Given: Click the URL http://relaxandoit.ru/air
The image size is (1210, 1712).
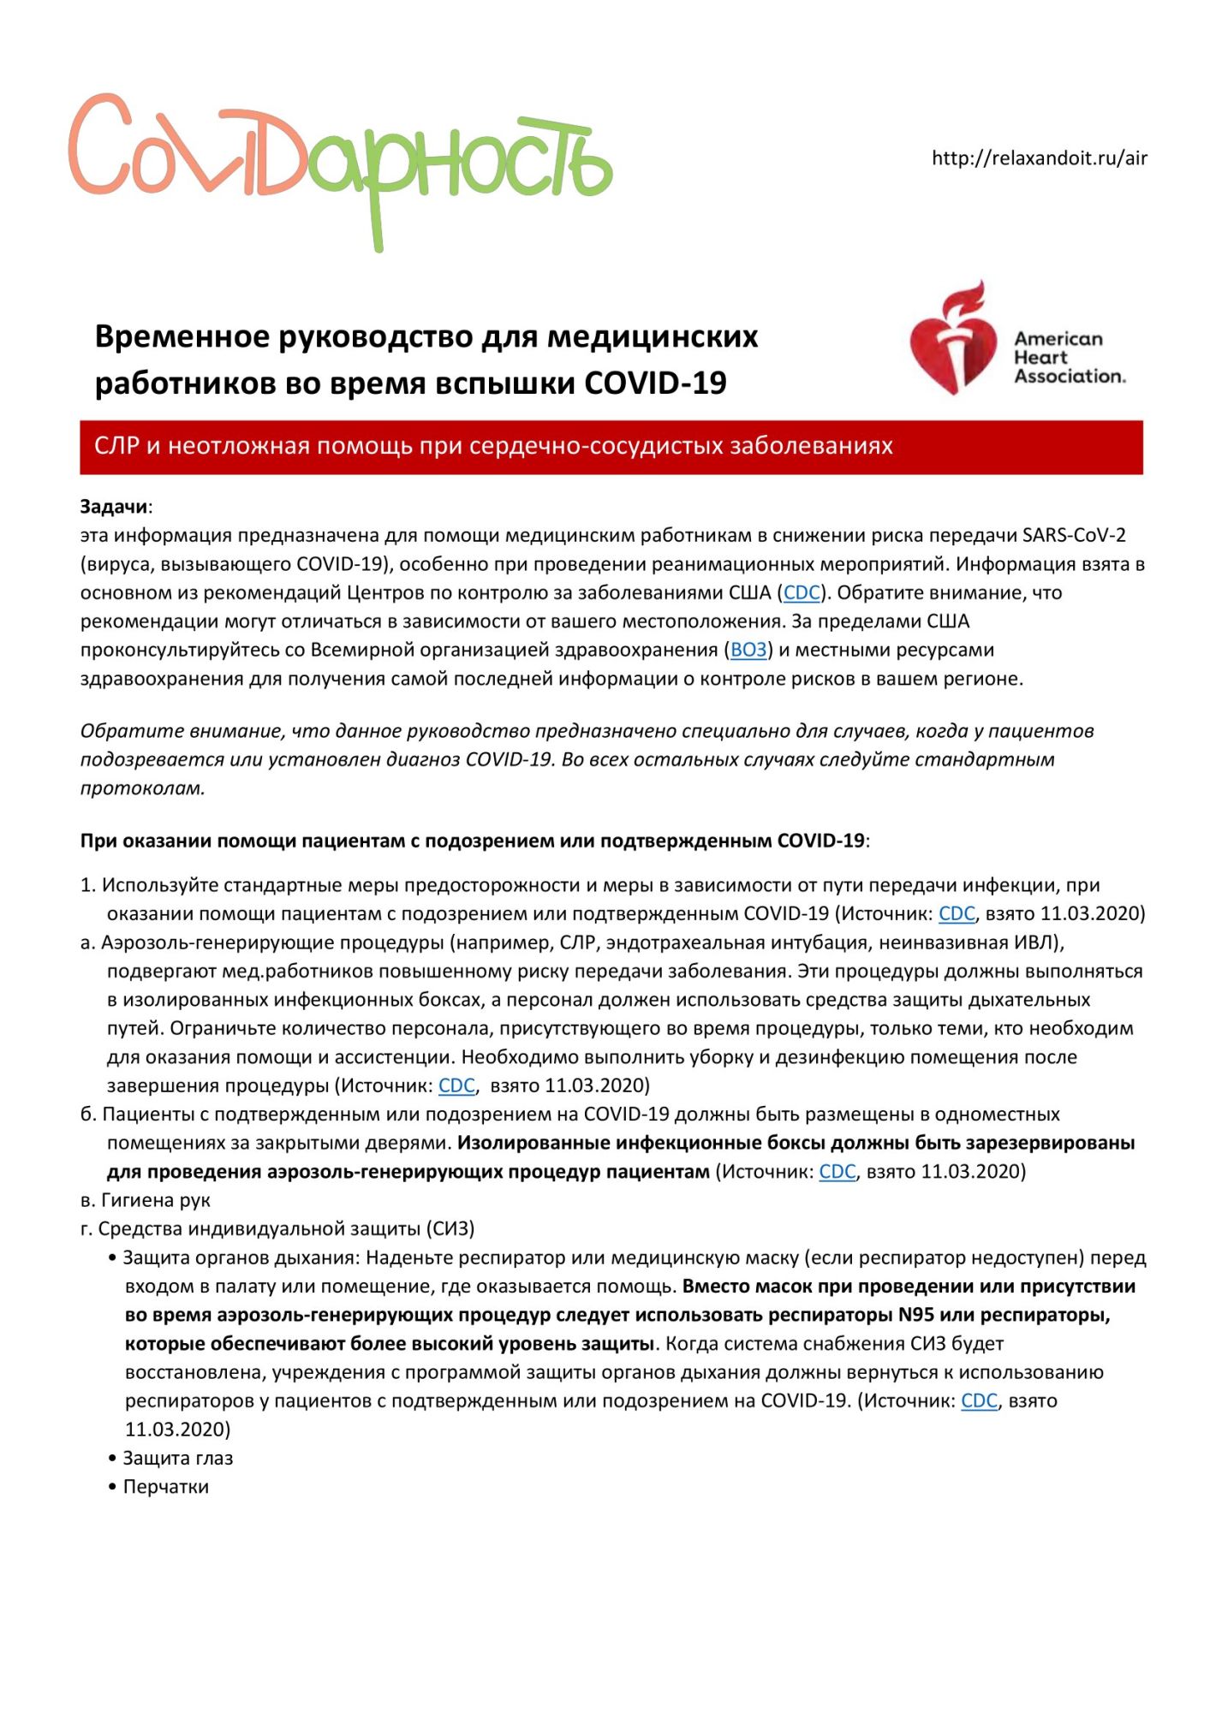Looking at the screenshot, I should (1039, 158).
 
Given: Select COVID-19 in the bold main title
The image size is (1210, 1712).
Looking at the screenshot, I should (655, 383).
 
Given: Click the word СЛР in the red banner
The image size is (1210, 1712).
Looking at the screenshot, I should (116, 446).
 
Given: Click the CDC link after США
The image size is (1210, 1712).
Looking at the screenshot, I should (802, 592).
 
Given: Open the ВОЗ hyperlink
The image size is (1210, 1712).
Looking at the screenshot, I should (748, 650).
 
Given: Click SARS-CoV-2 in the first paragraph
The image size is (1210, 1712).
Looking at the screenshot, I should (1074, 535).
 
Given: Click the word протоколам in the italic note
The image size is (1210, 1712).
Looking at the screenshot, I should (142, 788).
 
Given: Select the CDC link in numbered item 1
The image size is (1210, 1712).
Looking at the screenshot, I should (957, 913).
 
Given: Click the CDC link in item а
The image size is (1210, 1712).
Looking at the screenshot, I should (456, 1085).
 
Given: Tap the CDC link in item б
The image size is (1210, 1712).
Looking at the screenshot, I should (837, 1171).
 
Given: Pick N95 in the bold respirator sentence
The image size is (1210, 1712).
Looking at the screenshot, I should (915, 1315).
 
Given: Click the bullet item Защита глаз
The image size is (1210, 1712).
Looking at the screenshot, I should (177, 1458).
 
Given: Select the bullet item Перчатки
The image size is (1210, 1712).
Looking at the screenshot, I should (165, 1487).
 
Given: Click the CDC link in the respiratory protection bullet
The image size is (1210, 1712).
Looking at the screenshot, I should (979, 1400).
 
